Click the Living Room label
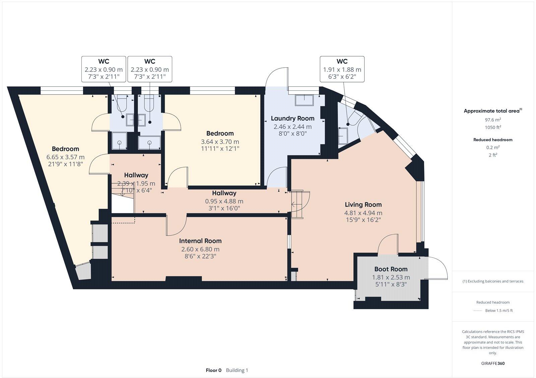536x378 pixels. [x=363, y=204]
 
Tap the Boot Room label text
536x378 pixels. [x=391, y=269]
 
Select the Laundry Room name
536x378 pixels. [x=292, y=118]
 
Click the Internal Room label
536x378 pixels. [x=200, y=241]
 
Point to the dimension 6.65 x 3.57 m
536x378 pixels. [x=65, y=157]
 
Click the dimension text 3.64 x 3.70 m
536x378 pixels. [x=220, y=142]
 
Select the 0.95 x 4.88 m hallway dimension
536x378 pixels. [x=224, y=201]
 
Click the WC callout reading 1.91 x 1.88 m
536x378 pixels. [x=342, y=70]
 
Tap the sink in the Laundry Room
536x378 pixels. [x=304, y=100]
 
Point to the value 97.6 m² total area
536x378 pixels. [x=492, y=120]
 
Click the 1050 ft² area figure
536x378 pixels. [x=492, y=127]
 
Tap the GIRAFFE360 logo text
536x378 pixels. [x=492, y=363]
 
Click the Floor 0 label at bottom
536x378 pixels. [x=213, y=370]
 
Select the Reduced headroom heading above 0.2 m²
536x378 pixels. [x=492, y=140]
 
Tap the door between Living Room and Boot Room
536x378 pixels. [x=388, y=244]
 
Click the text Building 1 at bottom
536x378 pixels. [x=237, y=370]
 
